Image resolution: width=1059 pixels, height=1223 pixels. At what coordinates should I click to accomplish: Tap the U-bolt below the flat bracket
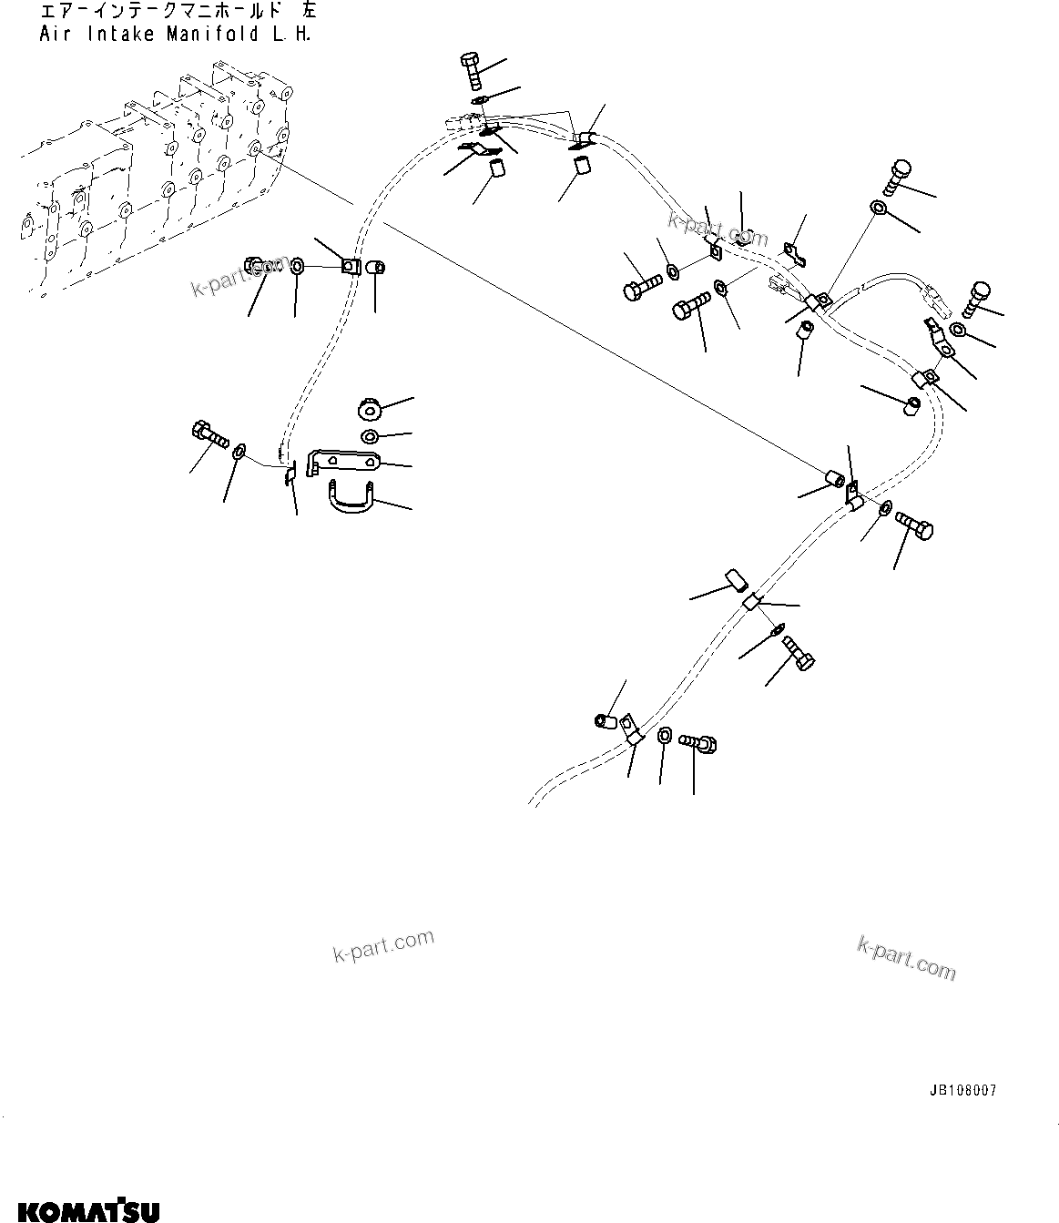pyautogui.click(x=350, y=496)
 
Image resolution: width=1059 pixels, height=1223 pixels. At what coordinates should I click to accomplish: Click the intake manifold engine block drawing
pyautogui.click(x=155, y=182)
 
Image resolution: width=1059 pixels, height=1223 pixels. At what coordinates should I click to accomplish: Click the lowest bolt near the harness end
pyautogui.click(x=701, y=744)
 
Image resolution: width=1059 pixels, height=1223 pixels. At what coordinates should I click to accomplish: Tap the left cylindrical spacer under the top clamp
pyautogui.click(x=497, y=169)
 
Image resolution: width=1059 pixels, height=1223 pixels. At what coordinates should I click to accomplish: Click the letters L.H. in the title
pyautogui.click(x=291, y=36)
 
